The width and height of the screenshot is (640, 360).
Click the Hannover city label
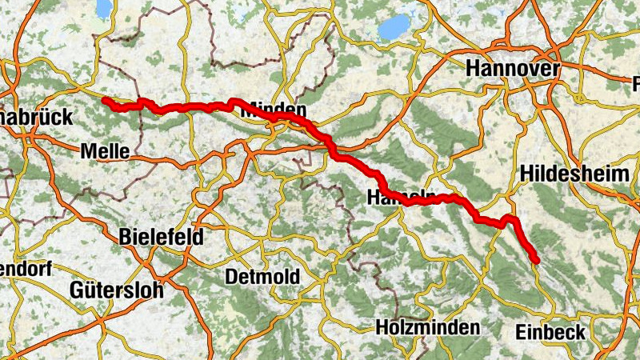click(x=513, y=70)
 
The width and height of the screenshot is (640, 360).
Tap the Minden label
click(x=274, y=110)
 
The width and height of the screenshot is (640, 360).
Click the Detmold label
click(x=262, y=277)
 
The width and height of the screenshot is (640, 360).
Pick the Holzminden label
click(x=428, y=327)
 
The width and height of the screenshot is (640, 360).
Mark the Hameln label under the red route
click(x=400, y=197)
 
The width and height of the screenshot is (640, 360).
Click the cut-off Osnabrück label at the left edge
click(x=36, y=117)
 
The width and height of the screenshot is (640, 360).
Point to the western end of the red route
click(x=105, y=100)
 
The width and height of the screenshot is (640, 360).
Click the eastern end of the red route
click(x=536, y=261)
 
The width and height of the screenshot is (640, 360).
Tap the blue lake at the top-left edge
click(x=103, y=8)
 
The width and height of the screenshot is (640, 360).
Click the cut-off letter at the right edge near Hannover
click(x=636, y=83)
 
